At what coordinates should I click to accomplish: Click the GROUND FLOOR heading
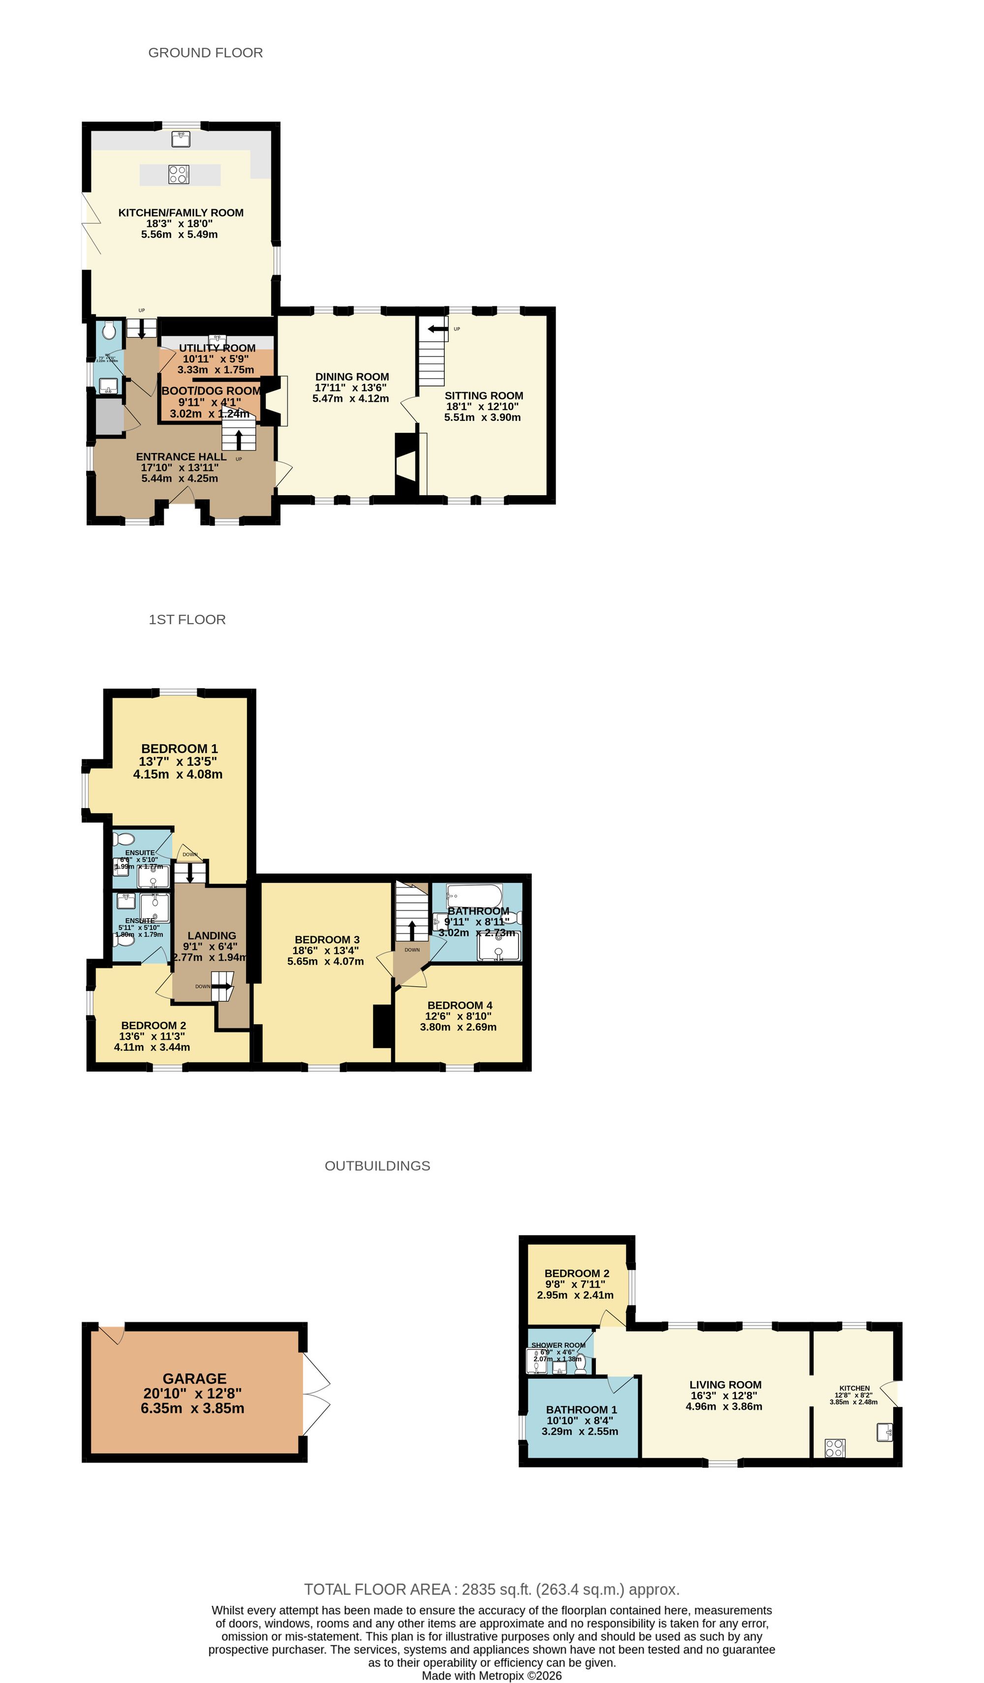point(205,53)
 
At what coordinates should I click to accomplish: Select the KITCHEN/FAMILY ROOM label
point(181,212)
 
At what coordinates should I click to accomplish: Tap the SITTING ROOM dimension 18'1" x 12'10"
point(482,406)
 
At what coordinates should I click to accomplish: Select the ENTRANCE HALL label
point(181,457)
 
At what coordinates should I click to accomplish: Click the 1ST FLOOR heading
point(187,620)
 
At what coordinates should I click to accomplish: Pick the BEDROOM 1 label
point(179,749)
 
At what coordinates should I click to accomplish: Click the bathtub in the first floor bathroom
point(474,894)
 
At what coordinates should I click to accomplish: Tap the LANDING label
point(211,935)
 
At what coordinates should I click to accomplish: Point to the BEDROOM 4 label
point(460,1005)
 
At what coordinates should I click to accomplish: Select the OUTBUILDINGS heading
point(377,1166)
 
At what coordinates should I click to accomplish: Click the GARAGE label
point(194,1379)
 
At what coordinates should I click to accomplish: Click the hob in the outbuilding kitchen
point(834,1448)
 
